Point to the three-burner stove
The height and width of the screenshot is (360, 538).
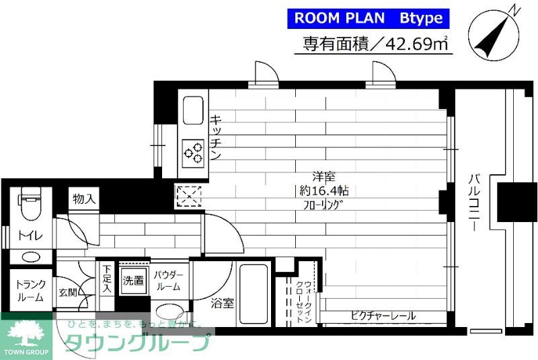coord(194,152)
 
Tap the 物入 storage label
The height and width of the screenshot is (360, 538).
coord(84,200)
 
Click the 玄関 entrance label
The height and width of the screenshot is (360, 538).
coord(67,293)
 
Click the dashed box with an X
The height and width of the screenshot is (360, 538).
coord(188,196)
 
